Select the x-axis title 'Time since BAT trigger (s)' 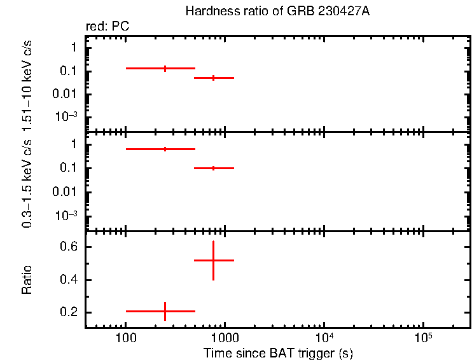click(278, 352)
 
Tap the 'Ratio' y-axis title click(27, 280)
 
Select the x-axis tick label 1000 click(224, 337)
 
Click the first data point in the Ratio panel click(165, 311)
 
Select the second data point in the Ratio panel click(213, 260)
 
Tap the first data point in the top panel click(165, 68)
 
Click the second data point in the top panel click(213, 78)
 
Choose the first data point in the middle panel click(165, 149)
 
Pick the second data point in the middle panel click(213, 168)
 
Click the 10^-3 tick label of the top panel click(67, 116)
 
